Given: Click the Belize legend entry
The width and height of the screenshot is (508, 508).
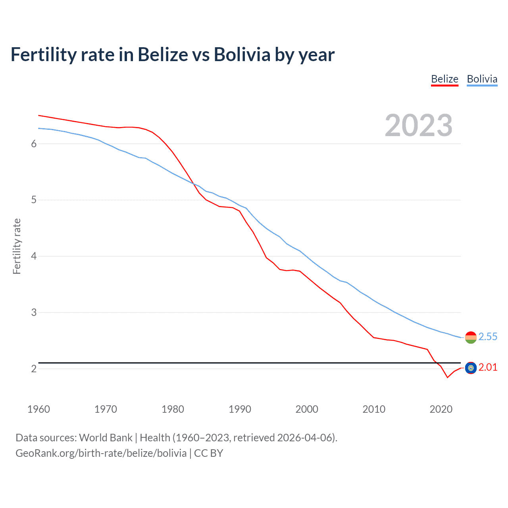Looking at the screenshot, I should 444,79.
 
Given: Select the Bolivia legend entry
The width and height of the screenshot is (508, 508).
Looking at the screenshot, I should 482,79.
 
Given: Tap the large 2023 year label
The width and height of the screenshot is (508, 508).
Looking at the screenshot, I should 418,125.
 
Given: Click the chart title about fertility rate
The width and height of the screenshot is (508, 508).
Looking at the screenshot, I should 173,54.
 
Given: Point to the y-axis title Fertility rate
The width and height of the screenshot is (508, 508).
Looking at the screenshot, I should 17,246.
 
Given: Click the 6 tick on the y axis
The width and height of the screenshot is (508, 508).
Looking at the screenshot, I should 34,144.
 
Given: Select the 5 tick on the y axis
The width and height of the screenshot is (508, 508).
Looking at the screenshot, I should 34,200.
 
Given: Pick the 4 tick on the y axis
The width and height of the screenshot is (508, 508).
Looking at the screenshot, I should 34,256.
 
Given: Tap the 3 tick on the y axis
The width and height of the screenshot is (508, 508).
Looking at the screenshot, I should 34,312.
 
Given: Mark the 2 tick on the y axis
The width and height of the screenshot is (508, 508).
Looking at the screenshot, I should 34,369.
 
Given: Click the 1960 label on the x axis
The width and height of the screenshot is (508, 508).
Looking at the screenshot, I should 38,409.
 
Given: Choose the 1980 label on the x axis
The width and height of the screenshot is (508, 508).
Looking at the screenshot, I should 173,409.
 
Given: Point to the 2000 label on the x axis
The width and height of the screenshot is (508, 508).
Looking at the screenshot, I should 307,409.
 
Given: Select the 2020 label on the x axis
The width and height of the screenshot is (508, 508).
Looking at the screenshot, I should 441,409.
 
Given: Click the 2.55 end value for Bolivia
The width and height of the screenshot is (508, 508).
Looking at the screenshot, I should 488,337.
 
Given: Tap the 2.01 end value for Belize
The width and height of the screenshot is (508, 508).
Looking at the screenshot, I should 488,368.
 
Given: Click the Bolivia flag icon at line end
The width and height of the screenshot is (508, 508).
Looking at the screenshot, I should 471,337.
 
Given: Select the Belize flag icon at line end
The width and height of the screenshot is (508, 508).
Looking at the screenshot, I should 471,368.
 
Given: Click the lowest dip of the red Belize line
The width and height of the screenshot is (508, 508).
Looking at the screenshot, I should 447,377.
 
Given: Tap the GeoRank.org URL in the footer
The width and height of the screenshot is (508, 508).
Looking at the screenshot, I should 101,453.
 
